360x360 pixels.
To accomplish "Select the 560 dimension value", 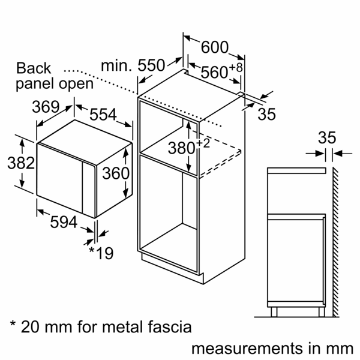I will point(214,73).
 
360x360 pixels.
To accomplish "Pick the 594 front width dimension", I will point(64,223).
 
